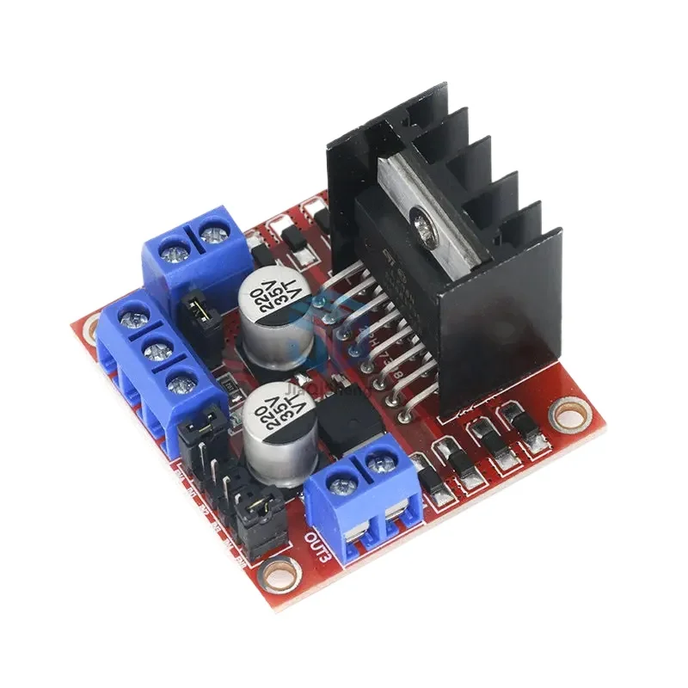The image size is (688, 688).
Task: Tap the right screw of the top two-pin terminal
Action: tap(209, 232)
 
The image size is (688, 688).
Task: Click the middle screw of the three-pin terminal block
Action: tap(155, 350)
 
